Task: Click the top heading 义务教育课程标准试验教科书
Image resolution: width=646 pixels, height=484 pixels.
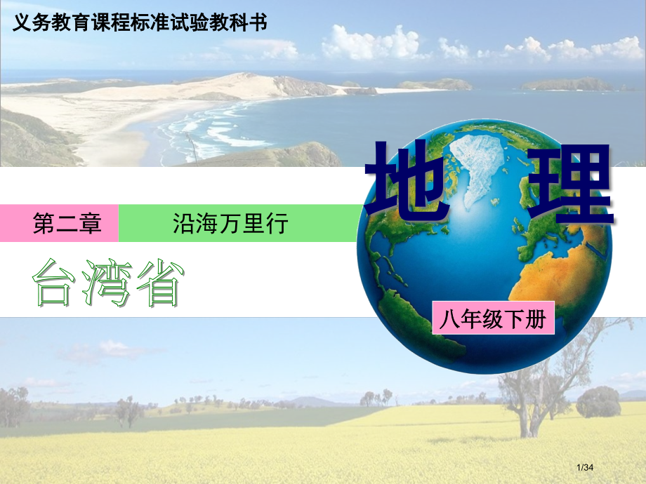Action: click(140, 22)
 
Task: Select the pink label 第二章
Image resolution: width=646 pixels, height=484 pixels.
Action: click(67, 223)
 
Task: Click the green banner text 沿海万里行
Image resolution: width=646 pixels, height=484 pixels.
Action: click(230, 223)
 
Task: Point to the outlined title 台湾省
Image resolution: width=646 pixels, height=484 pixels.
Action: click(107, 283)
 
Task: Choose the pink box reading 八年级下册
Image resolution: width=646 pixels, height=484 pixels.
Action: click(493, 318)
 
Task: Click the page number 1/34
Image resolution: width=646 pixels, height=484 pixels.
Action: click(585, 467)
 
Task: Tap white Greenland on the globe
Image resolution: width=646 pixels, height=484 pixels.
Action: click(478, 169)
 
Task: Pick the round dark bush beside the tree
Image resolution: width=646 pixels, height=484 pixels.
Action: click(598, 402)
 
